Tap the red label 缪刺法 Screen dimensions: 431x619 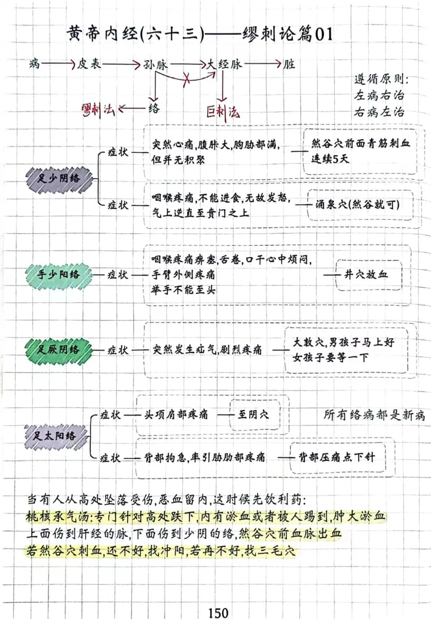point(97,110)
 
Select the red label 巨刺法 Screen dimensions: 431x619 point(223,112)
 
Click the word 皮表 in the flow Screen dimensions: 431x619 point(89,64)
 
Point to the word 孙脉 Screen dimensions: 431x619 point(156,65)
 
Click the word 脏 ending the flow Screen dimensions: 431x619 point(289,64)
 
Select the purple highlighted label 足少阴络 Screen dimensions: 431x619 point(59,178)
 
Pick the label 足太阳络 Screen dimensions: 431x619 point(54,435)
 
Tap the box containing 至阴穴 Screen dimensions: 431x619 point(254,414)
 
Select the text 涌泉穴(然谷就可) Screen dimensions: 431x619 point(358,205)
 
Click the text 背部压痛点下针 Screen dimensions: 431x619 point(337,457)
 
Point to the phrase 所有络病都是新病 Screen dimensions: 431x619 point(374,415)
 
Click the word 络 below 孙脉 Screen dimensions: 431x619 point(154,108)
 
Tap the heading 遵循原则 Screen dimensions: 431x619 point(381,79)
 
